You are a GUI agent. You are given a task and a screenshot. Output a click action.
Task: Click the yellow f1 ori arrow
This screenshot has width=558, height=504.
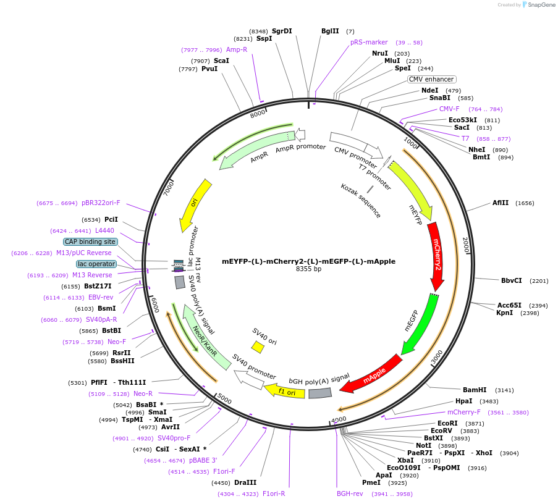pyautogui.click(x=284, y=390)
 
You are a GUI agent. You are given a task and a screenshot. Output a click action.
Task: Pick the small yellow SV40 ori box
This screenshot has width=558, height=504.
pyautogui.click(x=258, y=348)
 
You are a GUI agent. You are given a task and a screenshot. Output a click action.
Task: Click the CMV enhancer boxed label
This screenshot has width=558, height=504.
pyautogui.click(x=431, y=79)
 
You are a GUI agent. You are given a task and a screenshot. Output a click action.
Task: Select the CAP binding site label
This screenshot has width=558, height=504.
pyautogui.click(x=90, y=241)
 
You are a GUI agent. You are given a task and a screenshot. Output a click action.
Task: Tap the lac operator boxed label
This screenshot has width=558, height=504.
pyautogui.click(x=96, y=264)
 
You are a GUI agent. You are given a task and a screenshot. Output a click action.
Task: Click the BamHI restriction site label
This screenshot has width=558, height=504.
pyautogui.click(x=475, y=390)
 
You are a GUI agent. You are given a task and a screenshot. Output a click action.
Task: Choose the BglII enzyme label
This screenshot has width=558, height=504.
pyautogui.click(x=330, y=31)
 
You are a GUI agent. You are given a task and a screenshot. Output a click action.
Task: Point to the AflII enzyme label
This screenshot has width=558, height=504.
pyautogui.click(x=500, y=203)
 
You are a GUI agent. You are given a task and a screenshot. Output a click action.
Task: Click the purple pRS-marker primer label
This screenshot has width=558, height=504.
pyautogui.click(x=369, y=42)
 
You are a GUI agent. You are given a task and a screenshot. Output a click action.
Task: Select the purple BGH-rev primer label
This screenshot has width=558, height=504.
pyautogui.click(x=350, y=493)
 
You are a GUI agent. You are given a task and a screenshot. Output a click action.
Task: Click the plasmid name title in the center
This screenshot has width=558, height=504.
pyautogui.click(x=308, y=261)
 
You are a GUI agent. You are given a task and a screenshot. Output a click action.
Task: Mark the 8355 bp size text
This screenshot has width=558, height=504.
pyautogui.click(x=308, y=269)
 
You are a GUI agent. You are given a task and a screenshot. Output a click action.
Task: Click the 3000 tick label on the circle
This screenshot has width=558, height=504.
pyautogui.click(x=436, y=356)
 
